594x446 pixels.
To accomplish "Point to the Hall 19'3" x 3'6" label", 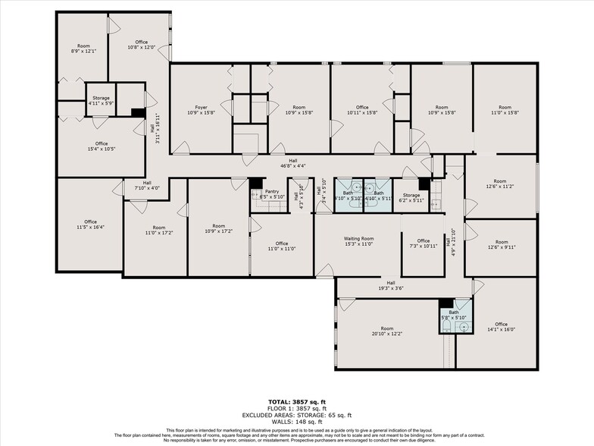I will pyautogui.click(x=391, y=286).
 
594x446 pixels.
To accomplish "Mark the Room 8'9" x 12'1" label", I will pyautogui.click(x=83, y=49).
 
